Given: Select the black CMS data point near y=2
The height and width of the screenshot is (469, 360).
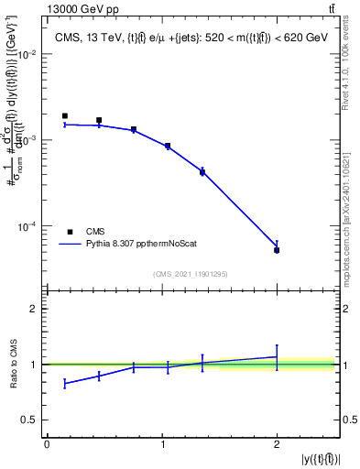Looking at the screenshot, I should (x=277, y=250).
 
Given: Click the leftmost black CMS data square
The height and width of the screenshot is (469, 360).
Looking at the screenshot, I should (x=65, y=116).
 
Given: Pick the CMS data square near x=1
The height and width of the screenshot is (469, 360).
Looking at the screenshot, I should (x=167, y=146).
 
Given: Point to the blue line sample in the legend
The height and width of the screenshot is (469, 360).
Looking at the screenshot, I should (x=71, y=245).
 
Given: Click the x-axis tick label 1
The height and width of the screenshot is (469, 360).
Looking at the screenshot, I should (x=162, y=443).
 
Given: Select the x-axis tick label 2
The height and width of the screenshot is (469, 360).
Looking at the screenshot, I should (x=277, y=443).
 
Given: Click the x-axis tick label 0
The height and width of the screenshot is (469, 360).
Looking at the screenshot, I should (x=47, y=443).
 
